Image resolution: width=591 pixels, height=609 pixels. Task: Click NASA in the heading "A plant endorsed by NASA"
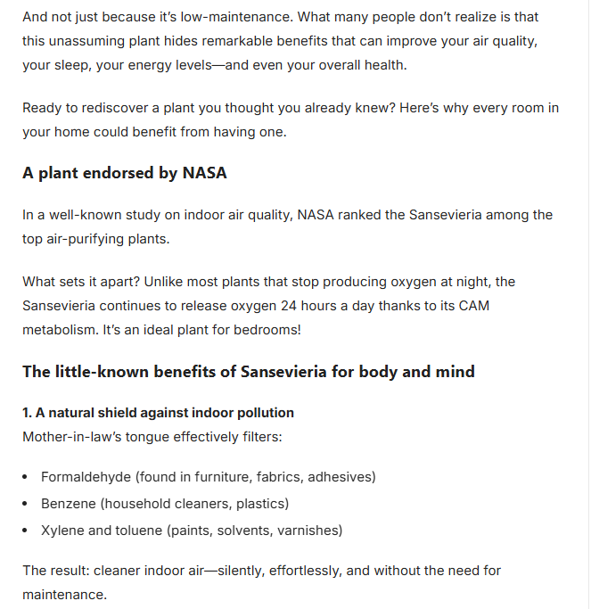204,173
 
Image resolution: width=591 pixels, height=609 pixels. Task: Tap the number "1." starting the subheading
28,413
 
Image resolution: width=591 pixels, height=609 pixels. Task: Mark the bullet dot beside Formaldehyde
27,477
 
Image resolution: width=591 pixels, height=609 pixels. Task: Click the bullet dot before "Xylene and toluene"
27,531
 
